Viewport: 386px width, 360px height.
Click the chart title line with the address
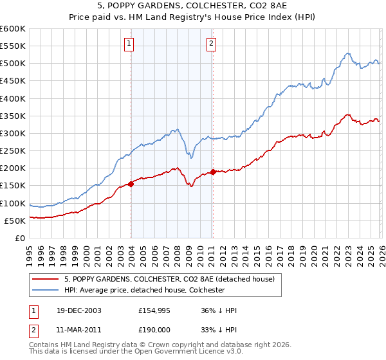click(x=193, y=6)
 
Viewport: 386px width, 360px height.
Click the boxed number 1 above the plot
click(x=129, y=44)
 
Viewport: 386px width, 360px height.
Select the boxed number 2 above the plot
click(x=211, y=44)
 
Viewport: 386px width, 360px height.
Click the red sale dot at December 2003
click(x=131, y=184)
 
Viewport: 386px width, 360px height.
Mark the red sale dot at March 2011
click(x=213, y=172)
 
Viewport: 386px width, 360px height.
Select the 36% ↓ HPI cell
click(x=219, y=310)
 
